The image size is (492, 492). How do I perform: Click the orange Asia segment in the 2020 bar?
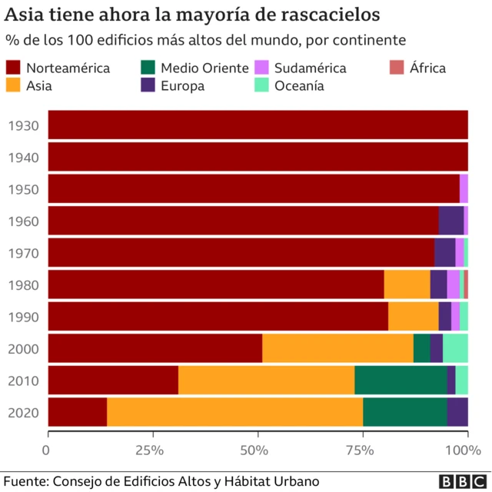(234, 412)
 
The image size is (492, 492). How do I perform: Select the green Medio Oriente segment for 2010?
(401, 380)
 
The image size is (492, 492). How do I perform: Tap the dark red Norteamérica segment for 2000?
(155, 348)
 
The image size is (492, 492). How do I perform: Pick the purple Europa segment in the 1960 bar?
(450, 221)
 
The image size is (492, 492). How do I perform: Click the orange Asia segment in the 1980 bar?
(407, 284)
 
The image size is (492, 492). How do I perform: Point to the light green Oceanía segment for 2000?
(455, 348)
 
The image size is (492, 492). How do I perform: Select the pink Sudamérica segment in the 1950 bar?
(464, 188)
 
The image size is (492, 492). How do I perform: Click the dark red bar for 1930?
(258, 125)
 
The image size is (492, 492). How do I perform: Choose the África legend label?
(428, 68)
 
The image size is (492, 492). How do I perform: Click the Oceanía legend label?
(299, 85)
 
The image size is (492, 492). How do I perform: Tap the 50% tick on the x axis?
(257, 449)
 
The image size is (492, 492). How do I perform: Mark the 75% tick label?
(361, 449)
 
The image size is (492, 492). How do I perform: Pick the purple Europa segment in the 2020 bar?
(457, 412)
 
